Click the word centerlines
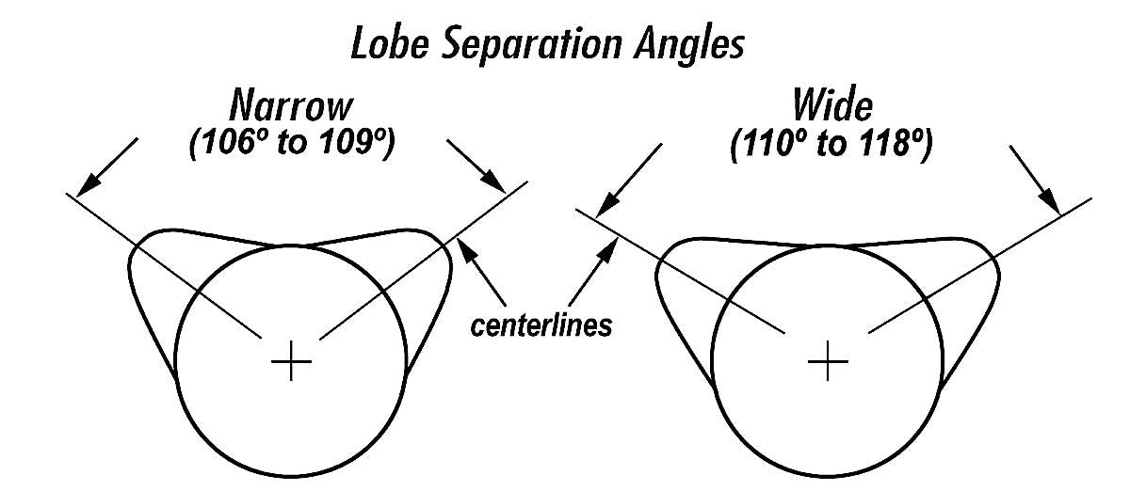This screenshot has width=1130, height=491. (541, 326)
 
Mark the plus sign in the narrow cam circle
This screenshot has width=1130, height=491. (291, 361)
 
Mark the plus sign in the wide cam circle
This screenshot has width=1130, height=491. (829, 361)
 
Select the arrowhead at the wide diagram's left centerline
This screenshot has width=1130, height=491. (605, 205)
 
